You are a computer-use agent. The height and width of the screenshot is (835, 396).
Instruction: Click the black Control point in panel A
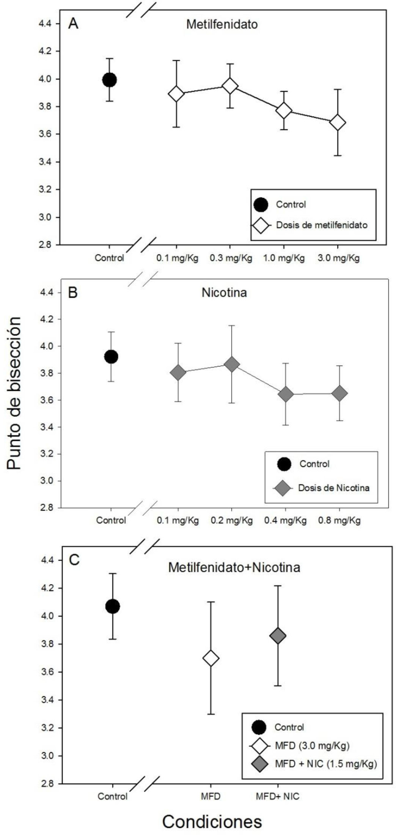click(109, 80)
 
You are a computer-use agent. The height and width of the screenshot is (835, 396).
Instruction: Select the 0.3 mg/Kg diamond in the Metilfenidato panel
click(230, 86)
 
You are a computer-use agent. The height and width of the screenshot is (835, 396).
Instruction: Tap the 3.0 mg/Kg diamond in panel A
click(338, 123)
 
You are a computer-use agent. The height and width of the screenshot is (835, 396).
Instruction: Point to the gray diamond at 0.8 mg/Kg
click(339, 393)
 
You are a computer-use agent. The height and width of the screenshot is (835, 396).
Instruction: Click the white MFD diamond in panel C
click(211, 658)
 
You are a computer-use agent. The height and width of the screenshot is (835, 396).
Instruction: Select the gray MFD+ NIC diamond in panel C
click(278, 636)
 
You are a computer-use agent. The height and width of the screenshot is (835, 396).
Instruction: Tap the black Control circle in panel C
click(113, 607)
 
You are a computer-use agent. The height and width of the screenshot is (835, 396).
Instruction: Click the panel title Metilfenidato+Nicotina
click(234, 568)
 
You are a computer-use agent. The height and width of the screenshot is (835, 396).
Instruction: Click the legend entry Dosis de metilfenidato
click(321, 225)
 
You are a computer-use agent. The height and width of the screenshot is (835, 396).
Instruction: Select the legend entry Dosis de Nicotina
click(333, 488)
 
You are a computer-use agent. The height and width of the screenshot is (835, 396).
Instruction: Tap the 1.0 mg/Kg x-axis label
click(284, 259)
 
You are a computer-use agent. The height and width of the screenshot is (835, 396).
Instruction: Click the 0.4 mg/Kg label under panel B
click(285, 520)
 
